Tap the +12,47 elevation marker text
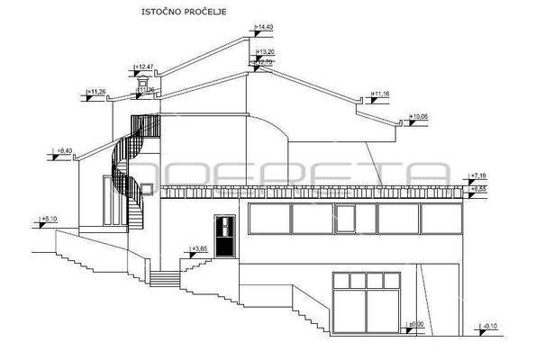click(x=144, y=67)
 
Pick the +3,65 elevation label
click(x=200, y=247)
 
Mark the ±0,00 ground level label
click(x=415, y=324)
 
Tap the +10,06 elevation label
click(x=421, y=116)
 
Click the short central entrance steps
click(x=164, y=278)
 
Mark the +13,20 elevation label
click(x=265, y=52)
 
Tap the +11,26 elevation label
click(x=96, y=92)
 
